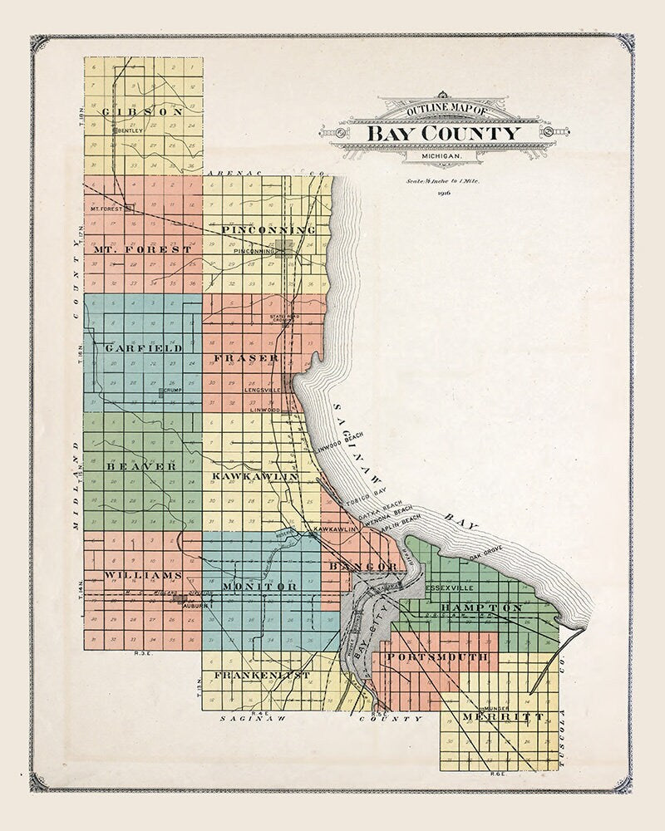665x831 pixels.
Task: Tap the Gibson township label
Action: point(141,111)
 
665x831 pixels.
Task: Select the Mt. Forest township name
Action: point(142,248)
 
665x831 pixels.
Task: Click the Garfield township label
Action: point(144,348)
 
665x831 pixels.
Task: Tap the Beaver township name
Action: point(141,467)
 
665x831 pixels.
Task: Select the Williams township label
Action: point(143,575)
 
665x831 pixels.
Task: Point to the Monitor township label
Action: point(258,587)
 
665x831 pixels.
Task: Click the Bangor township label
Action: point(363,567)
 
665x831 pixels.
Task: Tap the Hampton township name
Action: point(482,608)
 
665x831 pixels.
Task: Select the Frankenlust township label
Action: point(262,676)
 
